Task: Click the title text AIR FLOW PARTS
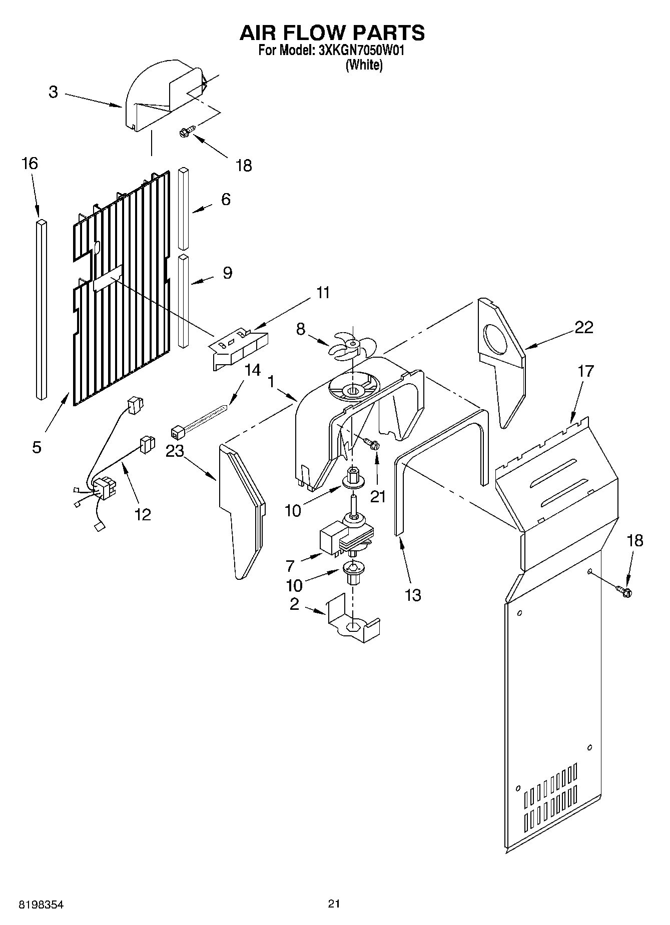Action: pyautogui.click(x=332, y=33)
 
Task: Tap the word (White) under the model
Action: pyautogui.click(x=364, y=65)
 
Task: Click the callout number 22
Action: pyautogui.click(x=583, y=327)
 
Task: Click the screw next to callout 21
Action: pyautogui.click(x=371, y=443)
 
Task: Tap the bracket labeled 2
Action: pyautogui.click(x=352, y=620)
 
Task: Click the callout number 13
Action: pyautogui.click(x=413, y=595)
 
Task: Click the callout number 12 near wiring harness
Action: pyautogui.click(x=143, y=514)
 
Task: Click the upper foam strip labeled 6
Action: pyautogui.click(x=184, y=209)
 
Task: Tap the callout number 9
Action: pyautogui.click(x=227, y=273)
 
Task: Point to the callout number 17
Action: pyautogui.click(x=585, y=371)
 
